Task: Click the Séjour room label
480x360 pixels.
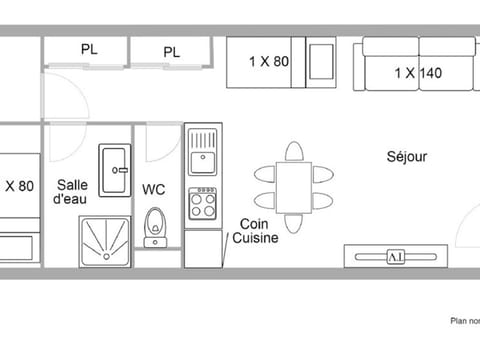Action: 407,157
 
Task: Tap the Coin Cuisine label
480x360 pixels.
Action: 255,232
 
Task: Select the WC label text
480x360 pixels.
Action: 153,189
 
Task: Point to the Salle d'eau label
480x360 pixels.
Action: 71,191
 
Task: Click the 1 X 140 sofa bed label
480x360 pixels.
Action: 418,73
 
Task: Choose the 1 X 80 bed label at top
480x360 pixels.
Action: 269,61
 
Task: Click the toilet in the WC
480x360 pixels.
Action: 154,226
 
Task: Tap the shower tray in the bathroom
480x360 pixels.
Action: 105,240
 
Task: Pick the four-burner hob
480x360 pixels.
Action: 203,204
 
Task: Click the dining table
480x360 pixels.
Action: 293,187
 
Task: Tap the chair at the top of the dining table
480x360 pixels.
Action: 293,152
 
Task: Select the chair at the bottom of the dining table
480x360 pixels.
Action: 293,223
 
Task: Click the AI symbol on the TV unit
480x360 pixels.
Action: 395,256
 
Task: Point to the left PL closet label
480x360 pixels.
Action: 89,49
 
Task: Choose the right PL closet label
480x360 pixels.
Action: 171,52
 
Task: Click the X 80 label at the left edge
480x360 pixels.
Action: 19,185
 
